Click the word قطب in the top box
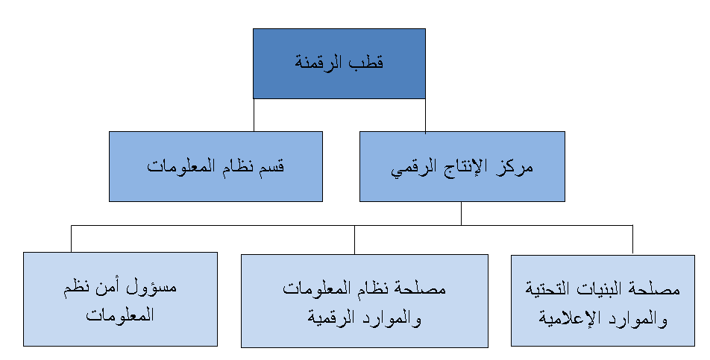(368, 63)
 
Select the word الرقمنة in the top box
(321, 63)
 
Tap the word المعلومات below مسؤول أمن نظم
(120, 315)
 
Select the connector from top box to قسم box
(254, 115)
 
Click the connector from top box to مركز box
(425, 116)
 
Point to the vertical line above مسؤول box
(71, 239)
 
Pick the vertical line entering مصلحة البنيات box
(632, 240)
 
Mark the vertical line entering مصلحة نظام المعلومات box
(354, 240)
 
